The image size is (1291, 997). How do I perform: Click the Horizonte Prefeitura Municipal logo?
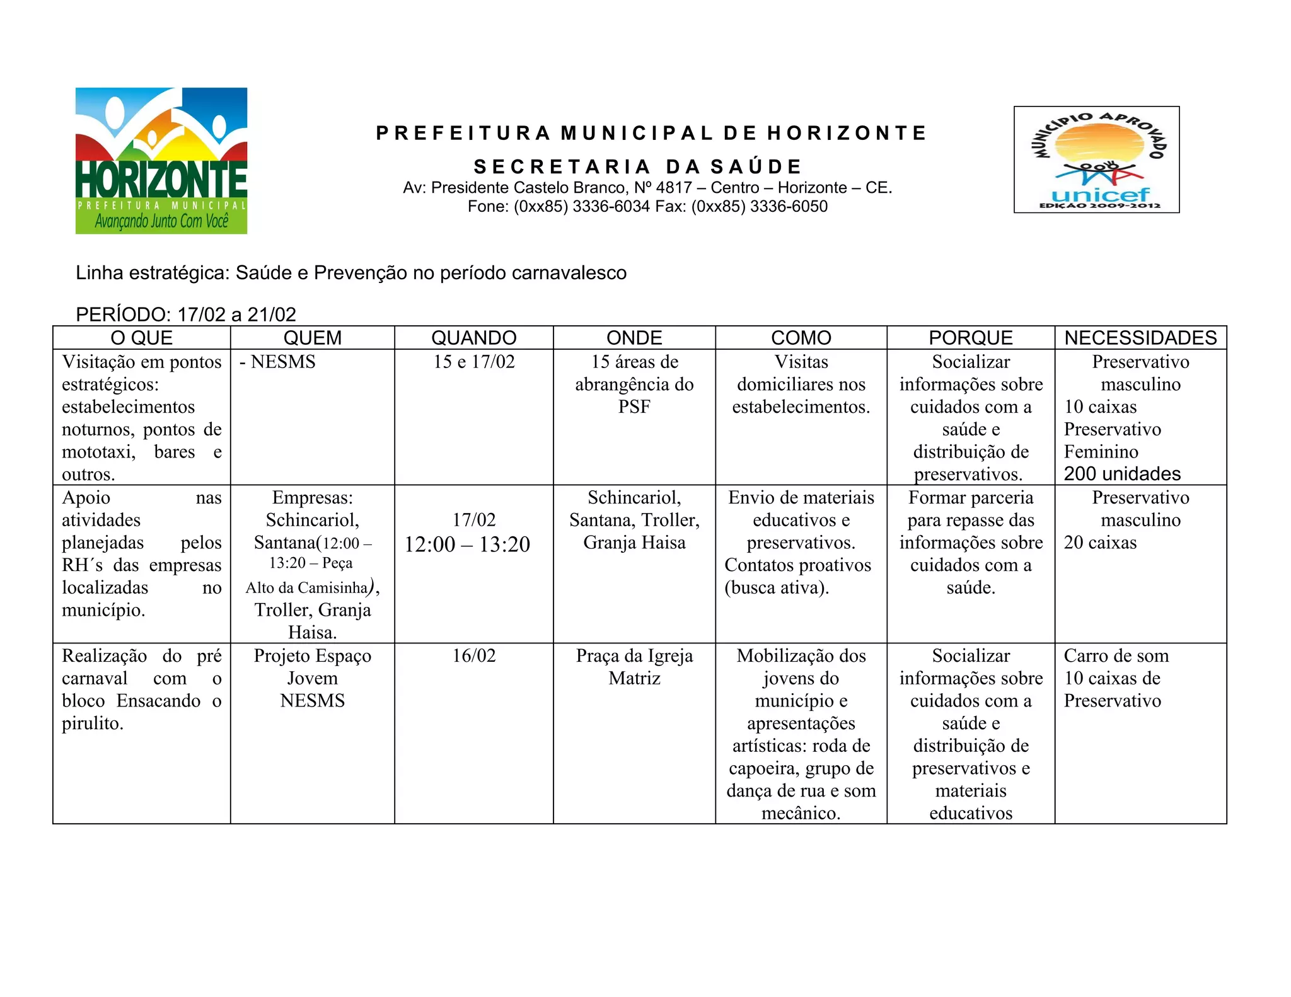[161, 161]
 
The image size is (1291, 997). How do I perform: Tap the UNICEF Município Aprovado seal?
[1096, 159]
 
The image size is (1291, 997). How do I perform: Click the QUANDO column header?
[473, 338]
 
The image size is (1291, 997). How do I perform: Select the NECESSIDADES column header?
[1140, 338]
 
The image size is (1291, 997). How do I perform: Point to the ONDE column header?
[634, 338]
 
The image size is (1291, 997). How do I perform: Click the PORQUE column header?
[971, 338]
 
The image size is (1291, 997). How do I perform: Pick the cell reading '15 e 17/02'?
[473, 362]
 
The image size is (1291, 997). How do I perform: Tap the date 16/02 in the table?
[473, 656]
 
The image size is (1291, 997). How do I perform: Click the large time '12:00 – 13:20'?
[467, 545]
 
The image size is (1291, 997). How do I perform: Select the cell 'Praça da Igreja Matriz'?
[634, 667]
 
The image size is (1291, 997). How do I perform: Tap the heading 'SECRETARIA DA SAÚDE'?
[638, 167]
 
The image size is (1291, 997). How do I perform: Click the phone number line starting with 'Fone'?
[647, 207]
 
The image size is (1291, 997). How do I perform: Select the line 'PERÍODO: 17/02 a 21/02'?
[186, 314]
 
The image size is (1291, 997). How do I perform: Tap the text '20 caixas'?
[1100, 543]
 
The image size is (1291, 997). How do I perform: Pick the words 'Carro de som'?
[1116, 656]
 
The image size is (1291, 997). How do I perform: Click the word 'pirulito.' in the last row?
[93, 723]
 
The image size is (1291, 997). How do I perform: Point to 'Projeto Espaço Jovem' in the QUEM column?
[313, 667]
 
